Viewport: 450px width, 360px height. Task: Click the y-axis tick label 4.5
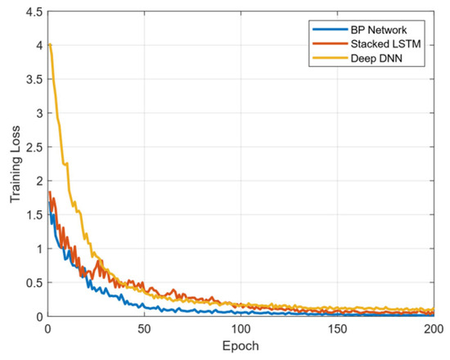click(x=34, y=12)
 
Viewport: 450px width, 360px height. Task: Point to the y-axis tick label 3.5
click(x=34, y=79)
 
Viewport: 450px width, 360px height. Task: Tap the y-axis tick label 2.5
click(x=34, y=147)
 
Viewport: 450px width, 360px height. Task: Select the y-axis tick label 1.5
click(x=34, y=214)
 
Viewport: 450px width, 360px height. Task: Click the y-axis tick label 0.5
click(x=34, y=283)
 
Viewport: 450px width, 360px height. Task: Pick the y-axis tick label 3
click(x=39, y=113)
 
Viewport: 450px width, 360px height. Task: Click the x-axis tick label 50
click(x=144, y=329)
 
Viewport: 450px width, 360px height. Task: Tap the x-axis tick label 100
click(x=241, y=329)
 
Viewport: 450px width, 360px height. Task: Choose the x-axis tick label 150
click(x=337, y=329)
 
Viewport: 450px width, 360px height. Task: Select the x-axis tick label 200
click(x=434, y=329)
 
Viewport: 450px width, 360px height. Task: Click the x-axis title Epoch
click(x=241, y=346)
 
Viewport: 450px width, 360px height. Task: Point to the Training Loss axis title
click(x=15, y=164)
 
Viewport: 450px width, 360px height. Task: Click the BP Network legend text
click(x=378, y=29)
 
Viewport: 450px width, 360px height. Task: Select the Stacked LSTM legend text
click(x=385, y=44)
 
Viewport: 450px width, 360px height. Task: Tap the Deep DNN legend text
click(x=376, y=58)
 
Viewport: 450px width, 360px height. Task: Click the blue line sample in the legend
click(x=330, y=29)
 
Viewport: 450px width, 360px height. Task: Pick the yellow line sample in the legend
click(x=330, y=58)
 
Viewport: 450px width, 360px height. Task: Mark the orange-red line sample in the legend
click(x=330, y=43)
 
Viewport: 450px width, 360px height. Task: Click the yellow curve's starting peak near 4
click(x=50, y=44)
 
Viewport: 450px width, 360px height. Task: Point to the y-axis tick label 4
click(x=39, y=45)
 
